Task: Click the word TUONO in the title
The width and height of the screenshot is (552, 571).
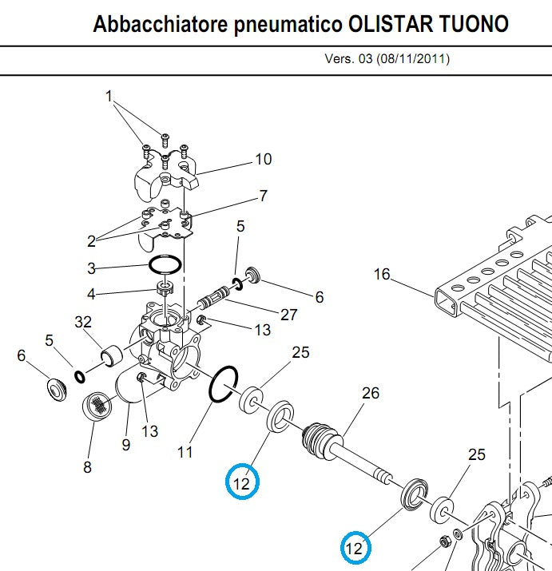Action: pyautogui.click(x=471, y=24)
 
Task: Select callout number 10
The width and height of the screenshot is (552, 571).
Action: pyautogui.click(x=263, y=159)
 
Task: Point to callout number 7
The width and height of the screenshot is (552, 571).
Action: pyautogui.click(x=263, y=196)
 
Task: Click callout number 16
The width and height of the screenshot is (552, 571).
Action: pyautogui.click(x=382, y=275)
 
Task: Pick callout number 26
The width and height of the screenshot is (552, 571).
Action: pyautogui.click(x=371, y=393)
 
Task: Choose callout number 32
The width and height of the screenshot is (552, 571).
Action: pyautogui.click(x=83, y=322)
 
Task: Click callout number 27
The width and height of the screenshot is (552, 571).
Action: pyautogui.click(x=289, y=315)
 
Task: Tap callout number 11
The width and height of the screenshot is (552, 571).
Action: pyautogui.click(x=185, y=453)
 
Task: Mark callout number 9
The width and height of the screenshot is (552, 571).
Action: pyautogui.click(x=125, y=445)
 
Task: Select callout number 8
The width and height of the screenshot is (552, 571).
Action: pyautogui.click(x=87, y=467)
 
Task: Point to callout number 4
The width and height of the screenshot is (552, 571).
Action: pyautogui.click(x=91, y=294)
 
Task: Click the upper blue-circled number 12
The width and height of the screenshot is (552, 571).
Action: pyautogui.click(x=242, y=482)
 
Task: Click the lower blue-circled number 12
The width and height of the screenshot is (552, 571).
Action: pyautogui.click(x=354, y=548)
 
